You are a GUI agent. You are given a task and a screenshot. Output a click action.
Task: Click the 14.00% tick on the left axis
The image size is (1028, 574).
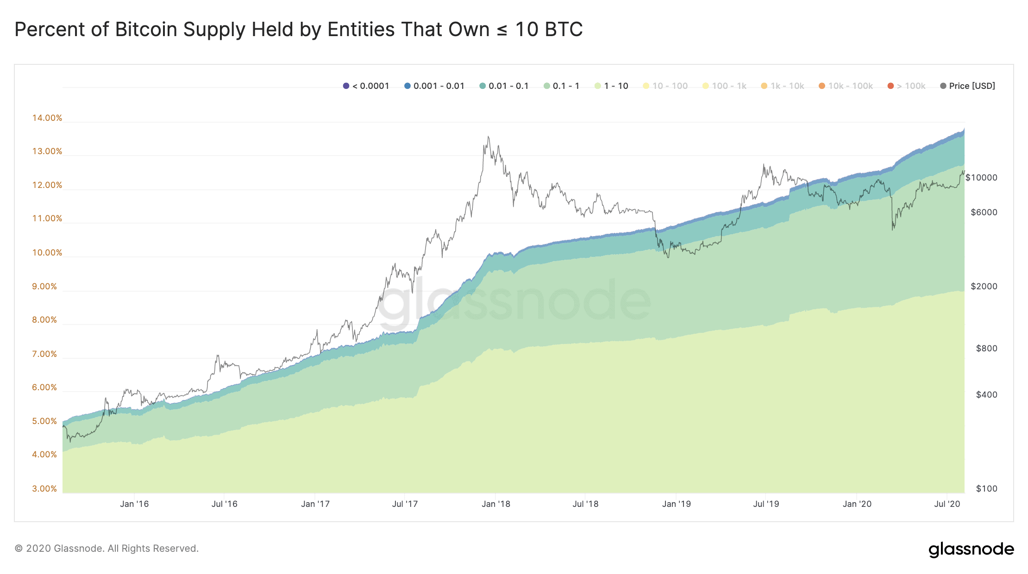pos(47,118)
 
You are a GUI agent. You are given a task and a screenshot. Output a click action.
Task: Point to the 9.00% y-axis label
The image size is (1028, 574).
pos(44,287)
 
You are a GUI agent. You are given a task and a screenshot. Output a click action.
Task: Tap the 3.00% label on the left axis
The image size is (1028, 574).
pos(44,489)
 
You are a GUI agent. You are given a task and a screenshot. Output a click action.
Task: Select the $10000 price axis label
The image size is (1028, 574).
pos(981,178)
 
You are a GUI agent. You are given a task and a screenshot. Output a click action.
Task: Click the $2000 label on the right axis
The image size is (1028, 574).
pos(984,287)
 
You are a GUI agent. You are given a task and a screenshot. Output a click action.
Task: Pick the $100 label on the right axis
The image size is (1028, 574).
pos(986,489)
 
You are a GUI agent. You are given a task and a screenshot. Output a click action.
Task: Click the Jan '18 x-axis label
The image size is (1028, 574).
pos(495,504)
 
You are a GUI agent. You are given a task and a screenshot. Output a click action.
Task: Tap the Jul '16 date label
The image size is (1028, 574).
pos(224,504)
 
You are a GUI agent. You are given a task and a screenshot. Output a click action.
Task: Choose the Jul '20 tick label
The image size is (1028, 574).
pos(947,504)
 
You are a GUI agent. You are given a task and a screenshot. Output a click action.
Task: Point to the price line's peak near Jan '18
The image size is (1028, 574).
pos(488,137)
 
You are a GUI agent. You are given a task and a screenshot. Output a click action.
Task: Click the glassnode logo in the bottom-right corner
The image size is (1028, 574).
pos(971,549)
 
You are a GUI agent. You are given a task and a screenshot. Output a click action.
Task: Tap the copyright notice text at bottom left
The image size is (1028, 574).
pos(107,549)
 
